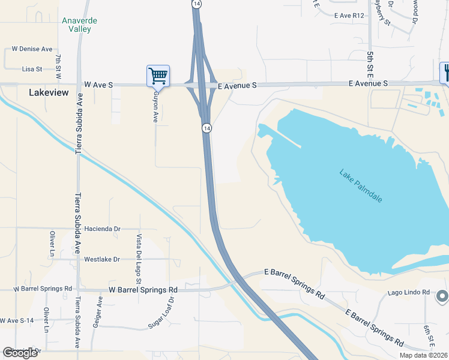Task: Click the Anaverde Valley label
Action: click(79, 25)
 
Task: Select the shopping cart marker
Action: click(158, 76)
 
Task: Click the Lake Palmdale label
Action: click(361, 186)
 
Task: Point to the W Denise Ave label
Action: click(32, 49)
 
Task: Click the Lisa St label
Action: click(32, 69)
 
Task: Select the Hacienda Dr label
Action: click(103, 229)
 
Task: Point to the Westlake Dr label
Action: click(102, 259)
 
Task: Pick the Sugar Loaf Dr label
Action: click(162, 312)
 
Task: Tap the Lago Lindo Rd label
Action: click(409, 292)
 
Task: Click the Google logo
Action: click(20, 353)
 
